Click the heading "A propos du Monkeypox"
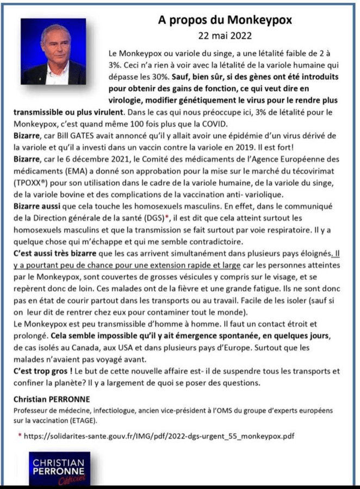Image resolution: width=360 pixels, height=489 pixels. (x=225, y=20)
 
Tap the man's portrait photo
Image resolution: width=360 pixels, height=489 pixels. (x=53, y=51)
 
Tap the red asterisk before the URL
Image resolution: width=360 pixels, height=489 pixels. (x=20, y=436)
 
